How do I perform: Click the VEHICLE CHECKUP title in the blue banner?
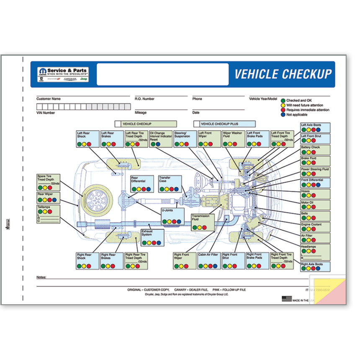283,75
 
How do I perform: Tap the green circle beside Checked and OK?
283,101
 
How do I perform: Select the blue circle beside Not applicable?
283,114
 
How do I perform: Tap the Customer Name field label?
49,99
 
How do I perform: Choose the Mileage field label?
141,113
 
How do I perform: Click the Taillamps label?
44,207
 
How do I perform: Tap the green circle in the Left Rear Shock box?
80,144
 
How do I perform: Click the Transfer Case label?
165,180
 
